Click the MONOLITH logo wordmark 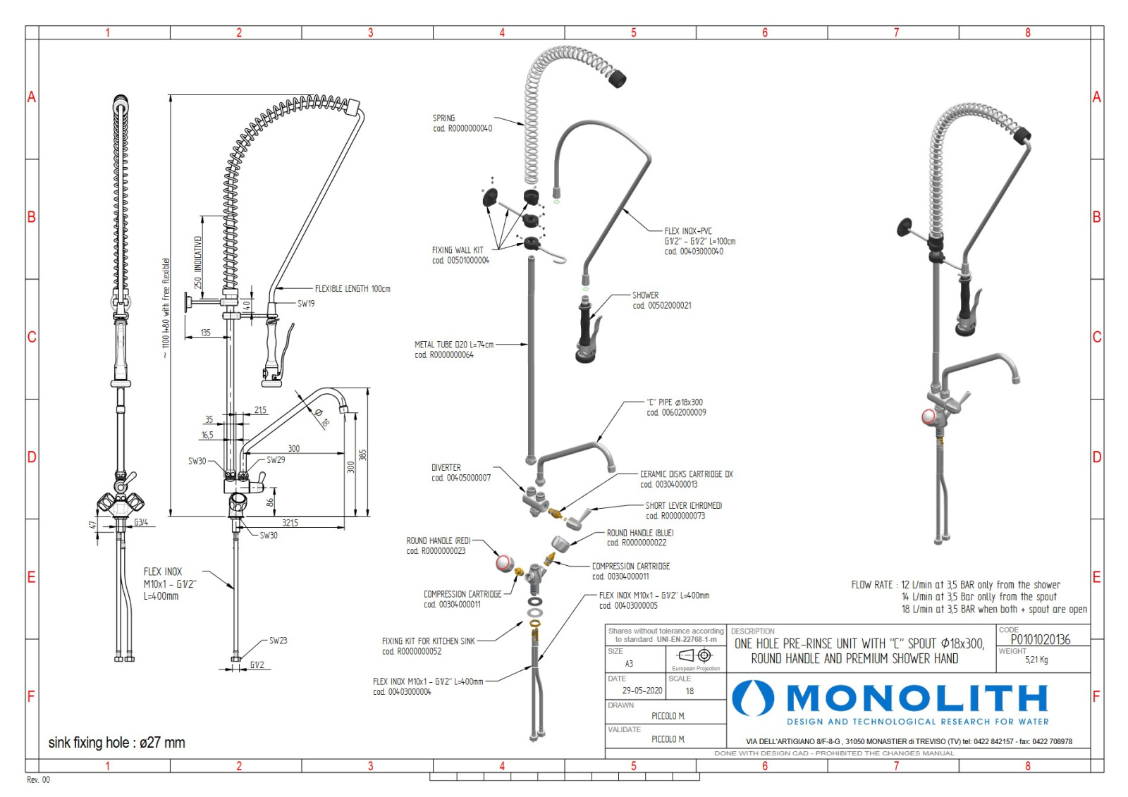(x=916, y=698)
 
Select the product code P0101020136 (x=1040, y=639)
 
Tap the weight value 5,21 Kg (x=1036, y=660)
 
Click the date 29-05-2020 (x=642, y=691)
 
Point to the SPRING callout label (x=444, y=118)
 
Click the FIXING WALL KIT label (x=458, y=250)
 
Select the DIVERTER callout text (x=446, y=468)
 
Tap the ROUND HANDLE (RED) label (x=439, y=541)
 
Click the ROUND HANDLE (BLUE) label (x=640, y=533)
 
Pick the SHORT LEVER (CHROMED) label (x=683, y=506)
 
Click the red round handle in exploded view (x=504, y=563)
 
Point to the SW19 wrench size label (x=306, y=304)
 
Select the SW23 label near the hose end (x=278, y=641)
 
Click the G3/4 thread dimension (x=141, y=523)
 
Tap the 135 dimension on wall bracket (x=205, y=333)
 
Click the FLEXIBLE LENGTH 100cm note (x=352, y=289)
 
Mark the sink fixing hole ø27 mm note (x=117, y=743)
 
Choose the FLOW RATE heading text (x=872, y=585)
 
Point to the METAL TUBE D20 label (x=454, y=345)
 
